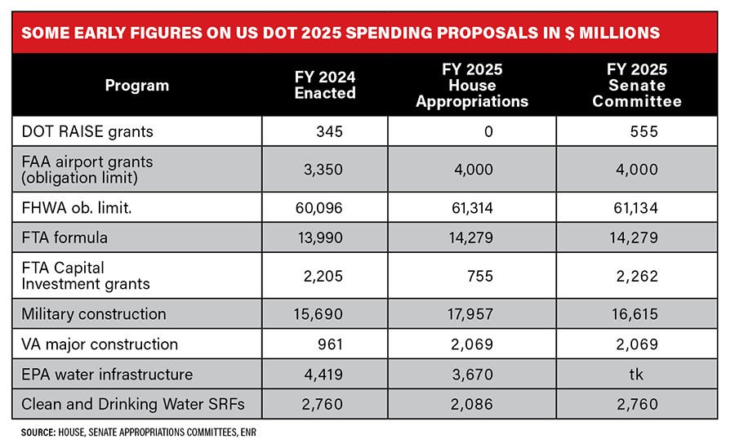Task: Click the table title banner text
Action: [341, 33]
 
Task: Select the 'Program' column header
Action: [137, 85]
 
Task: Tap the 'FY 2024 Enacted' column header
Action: [325, 85]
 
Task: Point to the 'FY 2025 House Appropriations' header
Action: [472, 85]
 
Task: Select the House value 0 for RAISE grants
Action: [488, 131]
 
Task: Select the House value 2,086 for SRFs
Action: [474, 404]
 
